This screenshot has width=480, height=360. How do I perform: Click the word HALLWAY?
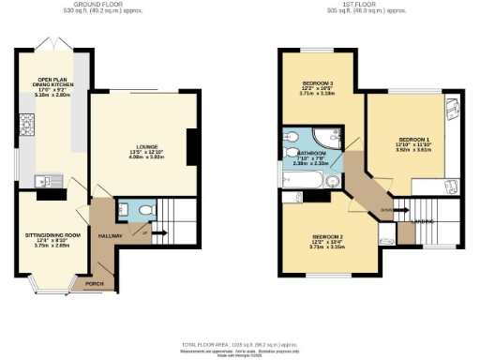112,236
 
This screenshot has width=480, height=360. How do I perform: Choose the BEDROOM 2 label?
327,236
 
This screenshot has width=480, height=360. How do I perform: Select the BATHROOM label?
312,152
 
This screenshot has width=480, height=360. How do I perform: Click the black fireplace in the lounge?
191,144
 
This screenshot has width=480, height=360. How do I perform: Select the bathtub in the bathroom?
300,177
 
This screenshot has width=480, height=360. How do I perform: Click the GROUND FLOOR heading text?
108,4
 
